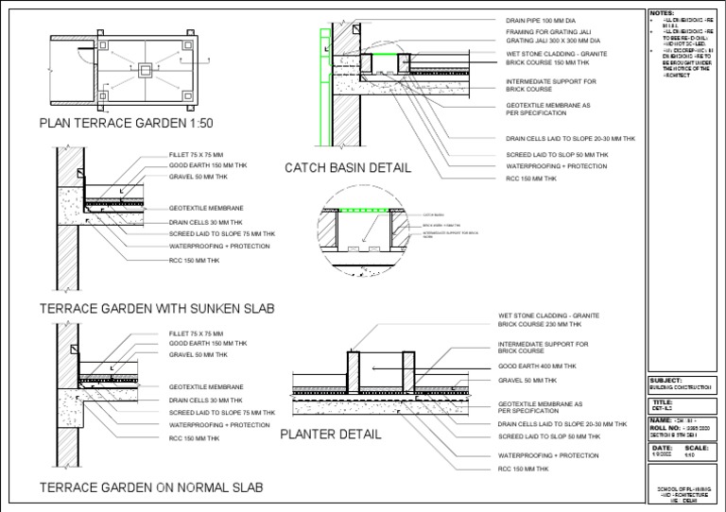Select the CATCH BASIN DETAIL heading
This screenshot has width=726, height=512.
point(348,168)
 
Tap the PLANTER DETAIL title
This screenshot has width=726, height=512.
point(331,435)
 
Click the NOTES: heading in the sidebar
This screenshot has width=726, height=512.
point(658,12)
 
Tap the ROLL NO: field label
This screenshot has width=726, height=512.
point(665,427)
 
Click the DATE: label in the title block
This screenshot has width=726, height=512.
point(663,448)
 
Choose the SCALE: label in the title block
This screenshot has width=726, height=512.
point(697,448)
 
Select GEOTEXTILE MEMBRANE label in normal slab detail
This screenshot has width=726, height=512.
point(206,387)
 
